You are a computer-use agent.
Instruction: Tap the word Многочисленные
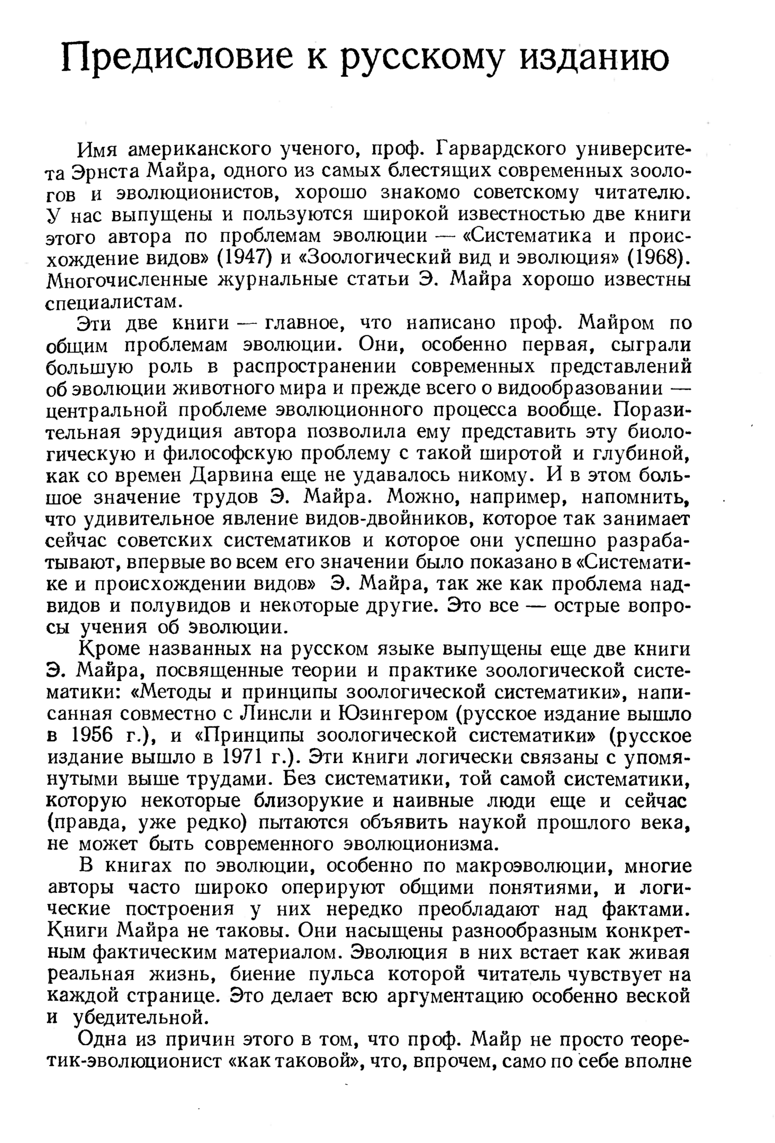click(127, 280)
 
